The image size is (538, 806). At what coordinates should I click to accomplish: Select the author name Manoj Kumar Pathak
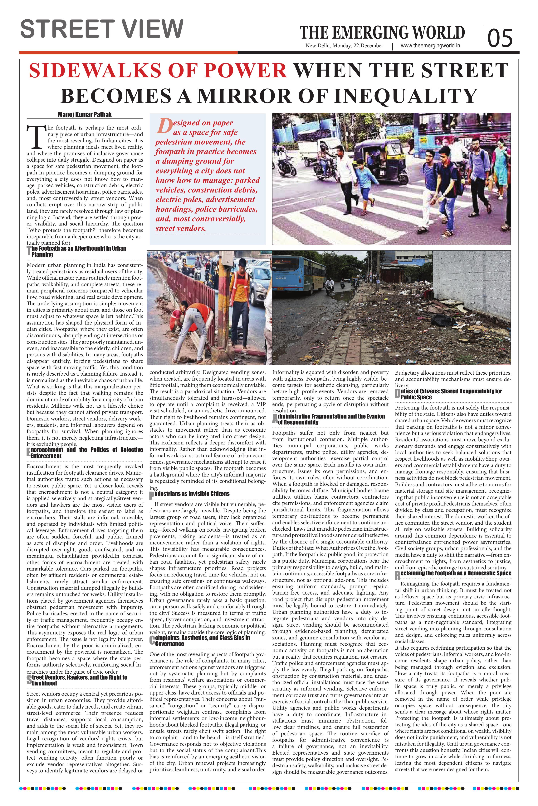pos(84,114)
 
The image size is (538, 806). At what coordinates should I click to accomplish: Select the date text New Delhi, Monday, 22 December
pos(345,46)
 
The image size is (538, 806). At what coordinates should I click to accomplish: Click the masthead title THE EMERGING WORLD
pos(382,33)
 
